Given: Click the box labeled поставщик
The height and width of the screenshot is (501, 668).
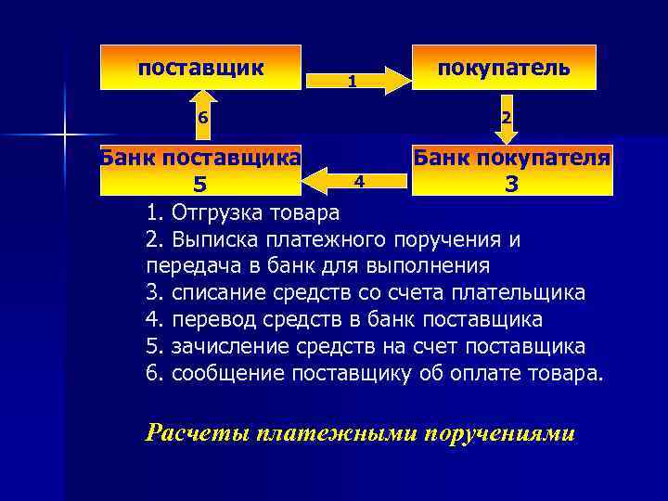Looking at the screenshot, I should (200, 67).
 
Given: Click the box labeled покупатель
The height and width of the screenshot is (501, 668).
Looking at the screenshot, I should (504, 67).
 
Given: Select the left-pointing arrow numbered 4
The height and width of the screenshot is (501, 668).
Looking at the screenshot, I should (356, 177).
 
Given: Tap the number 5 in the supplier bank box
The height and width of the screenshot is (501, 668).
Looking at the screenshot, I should (199, 184).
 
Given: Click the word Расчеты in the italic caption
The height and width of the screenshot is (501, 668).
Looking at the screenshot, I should (199, 433).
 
